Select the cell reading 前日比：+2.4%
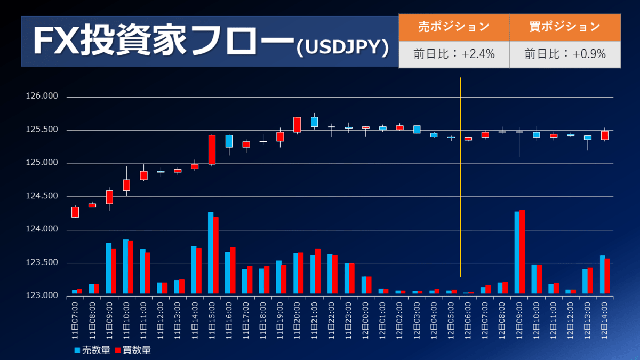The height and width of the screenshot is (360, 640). (454, 54)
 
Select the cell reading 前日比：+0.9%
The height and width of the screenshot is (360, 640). (565, 54)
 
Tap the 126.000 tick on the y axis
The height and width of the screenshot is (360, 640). (42, 97)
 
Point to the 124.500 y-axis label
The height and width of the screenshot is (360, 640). (42, 197)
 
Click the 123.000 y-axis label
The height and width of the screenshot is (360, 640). (42, 295)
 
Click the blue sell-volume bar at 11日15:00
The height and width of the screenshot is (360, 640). (211, 253)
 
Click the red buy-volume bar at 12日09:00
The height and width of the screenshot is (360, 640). (522, 252)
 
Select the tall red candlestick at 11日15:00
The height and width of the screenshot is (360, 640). (212, 150)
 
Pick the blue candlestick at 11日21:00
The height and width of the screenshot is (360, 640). (314, 122)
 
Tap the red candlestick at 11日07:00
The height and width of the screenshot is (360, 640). (75, 212)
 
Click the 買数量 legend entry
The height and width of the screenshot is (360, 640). (133, 350)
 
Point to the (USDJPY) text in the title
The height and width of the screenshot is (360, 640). (341, 48)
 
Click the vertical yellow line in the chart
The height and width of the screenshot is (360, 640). (460, 176)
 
